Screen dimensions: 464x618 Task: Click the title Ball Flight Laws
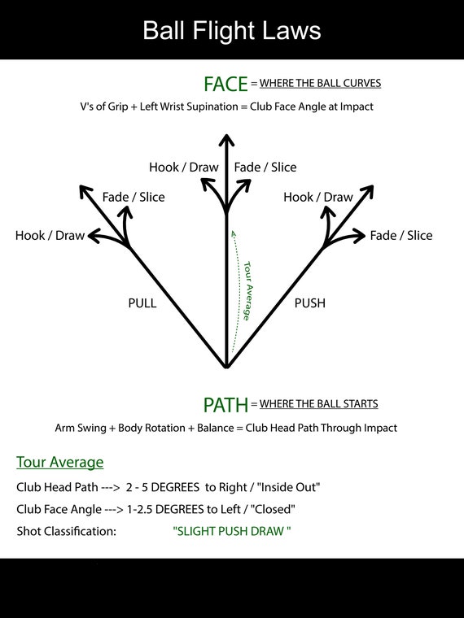pos(232,30)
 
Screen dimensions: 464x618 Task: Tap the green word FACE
pos(225,84)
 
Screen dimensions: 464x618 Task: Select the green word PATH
pos(225,405)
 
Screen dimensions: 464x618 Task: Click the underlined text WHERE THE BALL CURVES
pos(321,83)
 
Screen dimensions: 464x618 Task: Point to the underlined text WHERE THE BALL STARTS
pos(319,404)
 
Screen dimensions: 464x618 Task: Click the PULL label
pos(142,303)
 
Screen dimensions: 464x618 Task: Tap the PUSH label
pos(310,303)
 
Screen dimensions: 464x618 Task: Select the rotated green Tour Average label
pos(248,291)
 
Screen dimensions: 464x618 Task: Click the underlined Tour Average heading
pos(60,462)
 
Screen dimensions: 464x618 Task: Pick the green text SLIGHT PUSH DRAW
pos(232,531)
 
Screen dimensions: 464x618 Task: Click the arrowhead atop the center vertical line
pos(226,140)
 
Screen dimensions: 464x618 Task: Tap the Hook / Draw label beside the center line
pos(184,168)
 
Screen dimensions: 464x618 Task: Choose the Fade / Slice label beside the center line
pos(265,168)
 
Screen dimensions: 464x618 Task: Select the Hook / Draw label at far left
pos(50,236)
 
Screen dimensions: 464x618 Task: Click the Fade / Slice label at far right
pos(401,236)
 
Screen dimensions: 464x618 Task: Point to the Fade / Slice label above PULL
pos(134,197)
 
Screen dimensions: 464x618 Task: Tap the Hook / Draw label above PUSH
pos(318,197)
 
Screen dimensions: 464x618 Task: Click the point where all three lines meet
pos(226,366)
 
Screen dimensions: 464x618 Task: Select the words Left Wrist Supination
pos(189,107)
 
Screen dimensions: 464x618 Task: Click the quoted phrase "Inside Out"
pos(288,487)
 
